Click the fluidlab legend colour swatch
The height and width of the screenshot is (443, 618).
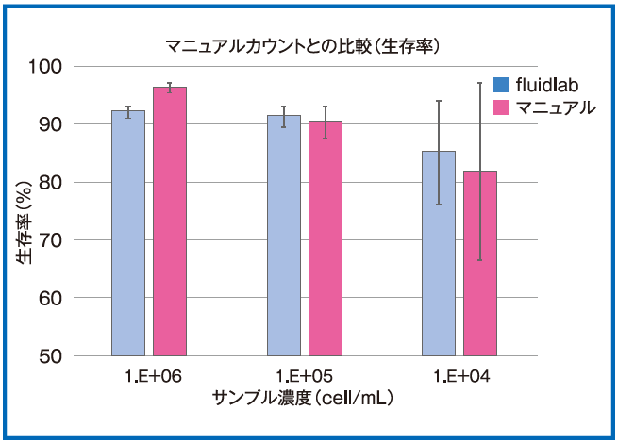tap(503, 86)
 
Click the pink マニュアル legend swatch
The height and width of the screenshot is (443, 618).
tap(503, 107)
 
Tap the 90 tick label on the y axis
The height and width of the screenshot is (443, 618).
tap(78, 124)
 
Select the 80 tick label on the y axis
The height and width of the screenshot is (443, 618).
tap(78, 183)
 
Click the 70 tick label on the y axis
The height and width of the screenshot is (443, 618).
tap(78, 240)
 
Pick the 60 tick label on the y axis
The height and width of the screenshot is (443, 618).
tap(78, 299)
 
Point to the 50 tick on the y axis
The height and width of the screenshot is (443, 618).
tap(78, 356)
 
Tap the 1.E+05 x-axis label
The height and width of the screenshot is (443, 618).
tap(305, 377)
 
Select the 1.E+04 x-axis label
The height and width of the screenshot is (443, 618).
tap(460, 377)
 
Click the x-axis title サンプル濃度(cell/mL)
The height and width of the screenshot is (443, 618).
tap(304, 398)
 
